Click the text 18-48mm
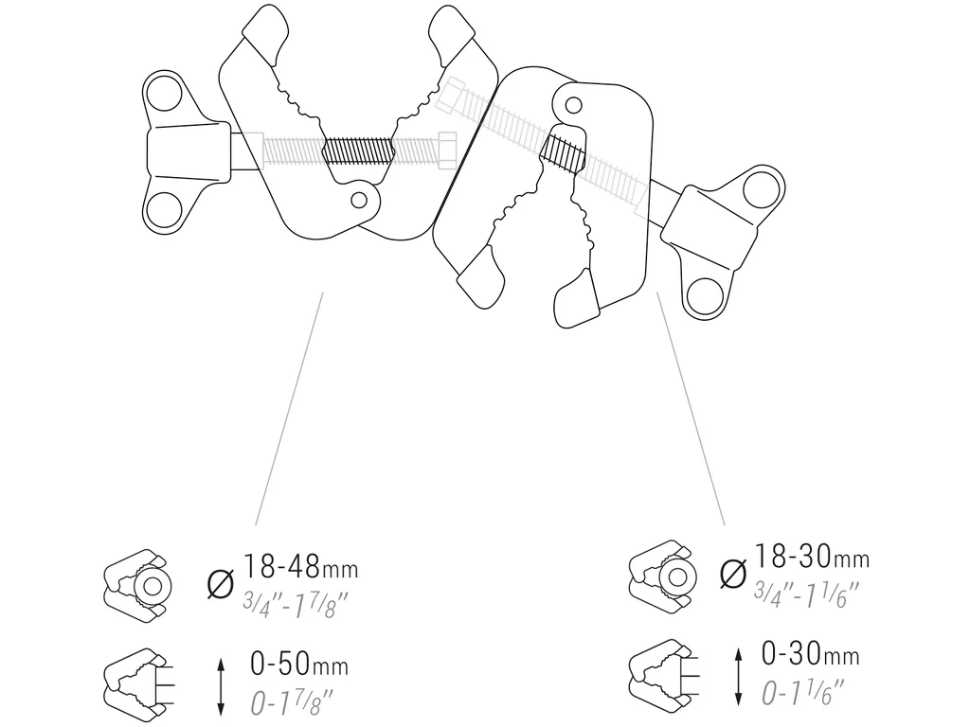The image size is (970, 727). pos(300,569)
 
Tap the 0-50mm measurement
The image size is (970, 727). pos(298,665)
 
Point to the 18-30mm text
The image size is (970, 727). pos(811,558)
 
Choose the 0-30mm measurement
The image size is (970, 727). pos(810,654)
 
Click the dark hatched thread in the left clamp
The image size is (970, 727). pos(357,151)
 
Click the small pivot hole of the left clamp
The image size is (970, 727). pos(359,200)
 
